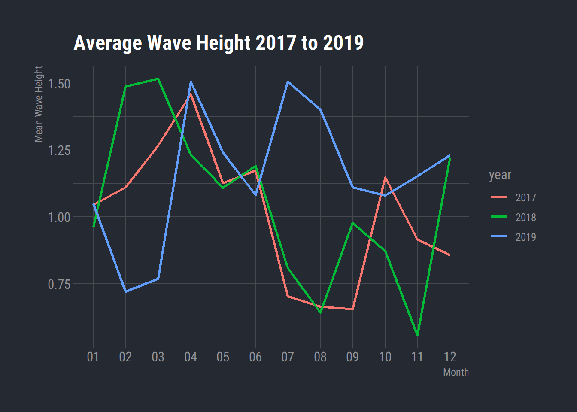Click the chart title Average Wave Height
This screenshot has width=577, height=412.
click(x=219, y=43)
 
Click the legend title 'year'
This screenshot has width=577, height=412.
click(x=500, y=175)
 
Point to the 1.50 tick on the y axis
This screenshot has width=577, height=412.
click(x=59, y=84)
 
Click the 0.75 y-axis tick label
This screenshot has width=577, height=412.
click(x=59, y=284)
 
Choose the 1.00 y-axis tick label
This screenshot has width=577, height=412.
click(x=59, y=217)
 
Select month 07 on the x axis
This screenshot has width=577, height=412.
click(x=288, y=357)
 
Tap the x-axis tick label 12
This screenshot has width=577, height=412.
click(x=450, y=357)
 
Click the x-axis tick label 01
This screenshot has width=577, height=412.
click(x=93, y=357)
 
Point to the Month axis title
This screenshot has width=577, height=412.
click(x=456, y=372)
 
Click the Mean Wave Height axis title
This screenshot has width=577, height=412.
click(x=39, y=104)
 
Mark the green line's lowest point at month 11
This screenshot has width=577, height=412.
click(x=417, y=335)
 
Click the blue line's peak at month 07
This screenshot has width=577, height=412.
click(x=288, y=82)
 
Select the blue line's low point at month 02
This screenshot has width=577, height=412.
click(x=125, y=291)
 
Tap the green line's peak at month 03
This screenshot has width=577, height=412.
click(x=158, y=79)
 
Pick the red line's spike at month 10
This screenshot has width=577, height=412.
click(x=385, y=177)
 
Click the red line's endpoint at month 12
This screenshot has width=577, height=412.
click(x=450, y=255)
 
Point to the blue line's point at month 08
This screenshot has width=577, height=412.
click(x=320, y=109)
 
